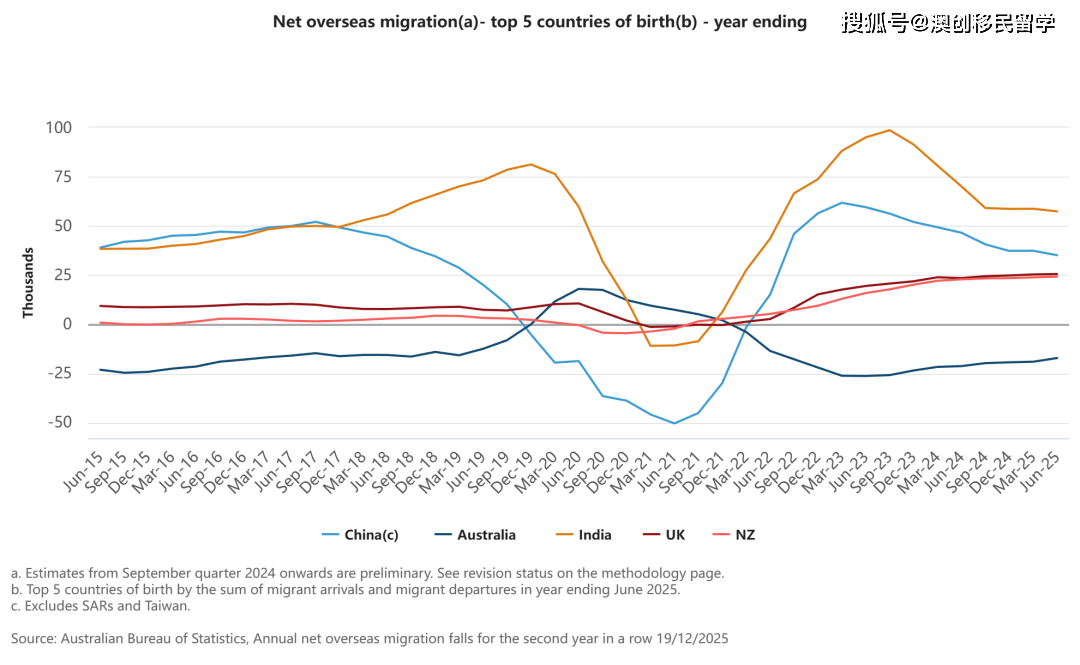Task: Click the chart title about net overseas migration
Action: tap(539, 22)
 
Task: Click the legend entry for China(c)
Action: tap(371, 535)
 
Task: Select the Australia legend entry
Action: tap(486, 535)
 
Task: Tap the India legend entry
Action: tap(594, 535)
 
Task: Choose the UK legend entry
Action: tap(676, 535)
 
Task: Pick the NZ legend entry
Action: tap(744, 535)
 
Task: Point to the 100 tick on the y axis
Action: tap(59, 128)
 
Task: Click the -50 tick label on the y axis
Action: tap(59, 422)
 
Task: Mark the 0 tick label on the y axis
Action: tap(68, 324)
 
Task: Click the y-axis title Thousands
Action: tap(29, 284)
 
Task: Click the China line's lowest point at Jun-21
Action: tap(674, 423)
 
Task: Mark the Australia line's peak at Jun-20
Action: tap(578, 289)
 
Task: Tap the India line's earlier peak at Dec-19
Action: tap(530, 164)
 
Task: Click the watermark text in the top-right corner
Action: tap(948, 23)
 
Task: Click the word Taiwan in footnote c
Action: tap(167, 605)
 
